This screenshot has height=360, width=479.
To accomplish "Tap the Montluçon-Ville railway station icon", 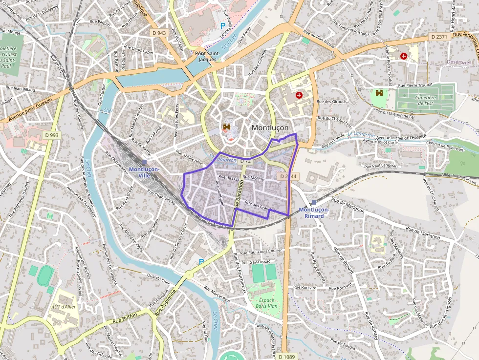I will [144, 162].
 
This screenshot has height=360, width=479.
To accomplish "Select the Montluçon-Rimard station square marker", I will [314, 202].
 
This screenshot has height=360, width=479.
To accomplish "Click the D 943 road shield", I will [159, 33].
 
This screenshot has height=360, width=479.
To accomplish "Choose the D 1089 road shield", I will [289, 357].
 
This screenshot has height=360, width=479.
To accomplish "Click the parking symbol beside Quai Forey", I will [223, 25].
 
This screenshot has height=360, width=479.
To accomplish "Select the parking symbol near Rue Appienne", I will [201, 262].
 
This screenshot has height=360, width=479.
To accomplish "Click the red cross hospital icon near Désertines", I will [404, 56].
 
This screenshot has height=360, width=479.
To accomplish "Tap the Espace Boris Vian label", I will [266, 302].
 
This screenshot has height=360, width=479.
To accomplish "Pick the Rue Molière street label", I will [254, 179].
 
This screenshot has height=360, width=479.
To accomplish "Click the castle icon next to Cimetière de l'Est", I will [379, 93].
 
